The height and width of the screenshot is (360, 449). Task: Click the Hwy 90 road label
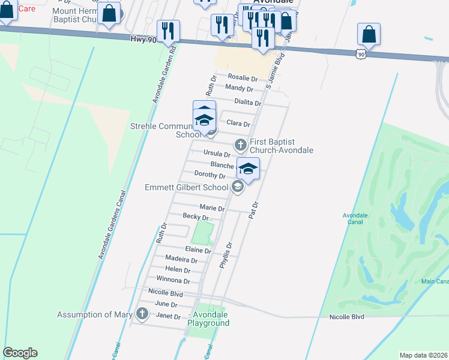pos(142,40)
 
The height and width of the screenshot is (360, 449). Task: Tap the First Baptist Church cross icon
pos(240,145)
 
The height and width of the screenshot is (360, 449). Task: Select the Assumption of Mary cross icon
pos(142,314)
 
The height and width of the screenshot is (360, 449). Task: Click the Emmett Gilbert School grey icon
pos(237,188)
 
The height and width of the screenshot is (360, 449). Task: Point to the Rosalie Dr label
pos(243,79)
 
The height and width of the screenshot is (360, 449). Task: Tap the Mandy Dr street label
pos(239,89)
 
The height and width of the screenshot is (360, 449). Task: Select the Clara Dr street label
pos(238,124)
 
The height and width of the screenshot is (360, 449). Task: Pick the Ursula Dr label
pos(217,154)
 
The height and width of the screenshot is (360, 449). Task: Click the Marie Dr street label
pos(212,209)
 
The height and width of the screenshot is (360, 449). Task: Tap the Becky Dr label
pos(196,217)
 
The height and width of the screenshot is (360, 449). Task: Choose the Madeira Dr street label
pos(181,260)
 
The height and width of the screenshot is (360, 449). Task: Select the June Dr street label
pos(166,305)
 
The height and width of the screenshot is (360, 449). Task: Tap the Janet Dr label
pos(167,316)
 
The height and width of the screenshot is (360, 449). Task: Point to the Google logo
pos(20,353)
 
